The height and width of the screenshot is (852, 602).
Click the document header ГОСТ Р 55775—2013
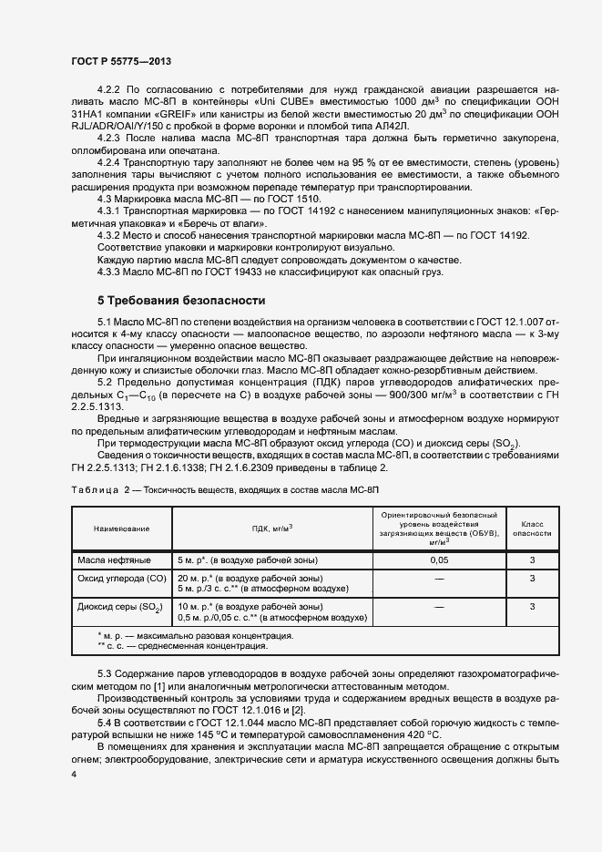point(120,60)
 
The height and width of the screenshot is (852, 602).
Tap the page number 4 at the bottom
point(74,774)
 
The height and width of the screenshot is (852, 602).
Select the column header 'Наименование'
point(120,528)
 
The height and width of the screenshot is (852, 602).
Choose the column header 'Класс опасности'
point(532,529)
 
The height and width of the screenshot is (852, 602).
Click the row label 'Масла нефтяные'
point(114,559)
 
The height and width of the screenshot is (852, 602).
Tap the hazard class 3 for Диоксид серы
point(532,606)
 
